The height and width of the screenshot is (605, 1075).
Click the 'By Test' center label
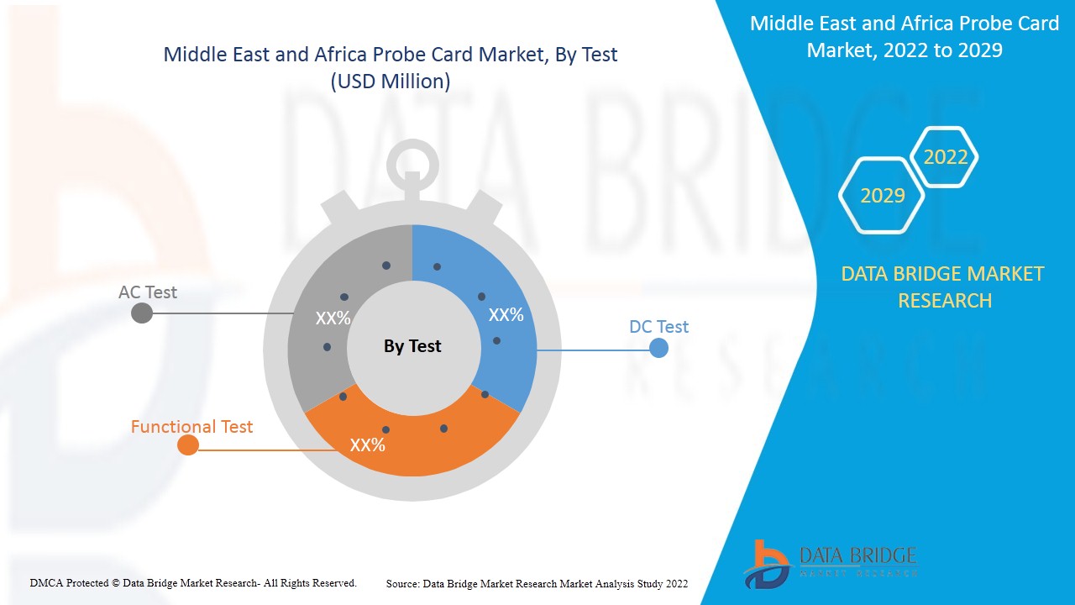[412, 346]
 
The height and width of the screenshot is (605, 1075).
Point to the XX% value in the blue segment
[506, 315]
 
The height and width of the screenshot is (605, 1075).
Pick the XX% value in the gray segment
[333, 319]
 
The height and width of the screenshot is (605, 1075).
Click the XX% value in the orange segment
[367, 445]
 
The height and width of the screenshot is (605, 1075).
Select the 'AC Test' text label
[148, 292]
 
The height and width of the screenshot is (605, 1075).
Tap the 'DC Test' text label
[658, 327]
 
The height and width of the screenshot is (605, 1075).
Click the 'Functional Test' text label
[191, 427]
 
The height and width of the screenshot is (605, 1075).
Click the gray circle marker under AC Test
[142, 313]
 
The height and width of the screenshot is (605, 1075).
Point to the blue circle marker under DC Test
[659, 348]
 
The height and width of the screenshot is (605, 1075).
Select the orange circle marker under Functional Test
[188, 445]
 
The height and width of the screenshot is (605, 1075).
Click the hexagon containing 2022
[946, 157]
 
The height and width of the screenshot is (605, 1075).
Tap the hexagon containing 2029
[882, 196]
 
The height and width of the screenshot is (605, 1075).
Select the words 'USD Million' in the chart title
[390, 82]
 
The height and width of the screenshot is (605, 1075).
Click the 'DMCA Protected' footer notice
[193, 582]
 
